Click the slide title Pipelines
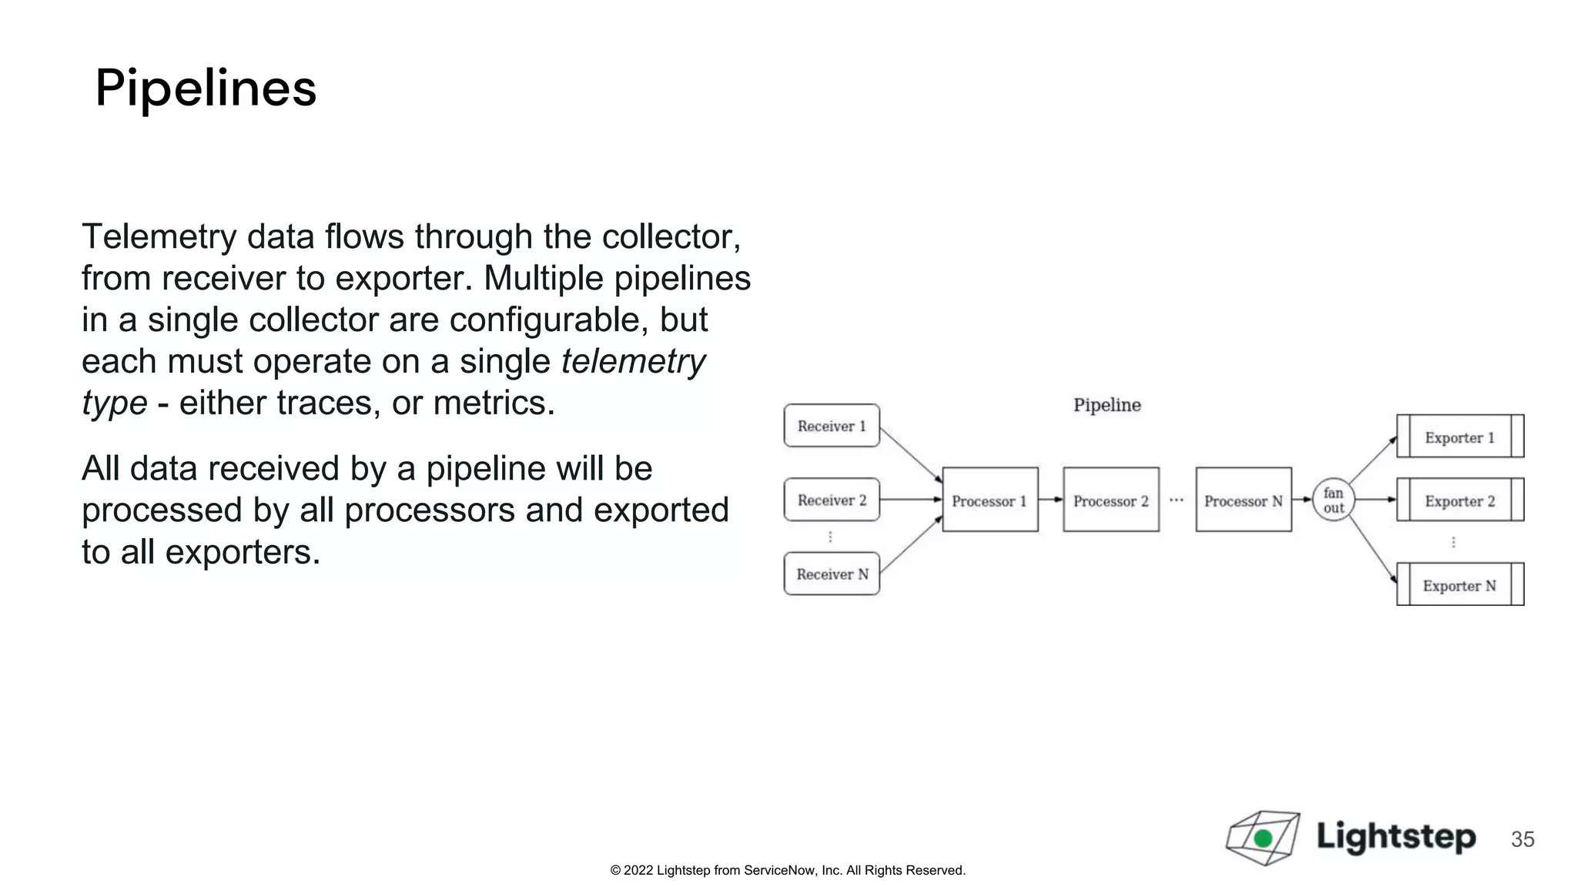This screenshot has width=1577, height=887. tap(206, 88)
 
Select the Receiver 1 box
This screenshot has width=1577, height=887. tap(832, 426)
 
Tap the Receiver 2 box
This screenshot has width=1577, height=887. tap(832, 500)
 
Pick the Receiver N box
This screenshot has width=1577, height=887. tap(832, 574)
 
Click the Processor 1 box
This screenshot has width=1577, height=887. tap(989, 500)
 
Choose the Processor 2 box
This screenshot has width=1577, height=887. tap(1110, 500)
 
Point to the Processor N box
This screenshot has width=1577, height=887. tap(1243, 500)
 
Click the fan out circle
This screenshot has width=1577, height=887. tap(1334, 500)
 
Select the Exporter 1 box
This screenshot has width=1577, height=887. tap(1460, 437)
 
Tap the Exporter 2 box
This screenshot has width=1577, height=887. tap(1460, 500)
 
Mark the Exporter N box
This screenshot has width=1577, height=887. tap(1460, 584)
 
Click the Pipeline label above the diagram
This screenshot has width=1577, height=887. tap(1107, 405)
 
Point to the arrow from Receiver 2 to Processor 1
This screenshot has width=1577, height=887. tap(910, 500)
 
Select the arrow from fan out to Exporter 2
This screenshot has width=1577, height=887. tap(1375, 500)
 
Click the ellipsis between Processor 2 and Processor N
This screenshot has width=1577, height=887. tap(1177, 500)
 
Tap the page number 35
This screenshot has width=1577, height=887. tap(1522, 839)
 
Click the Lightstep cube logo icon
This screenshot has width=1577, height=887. tap(1263, 837)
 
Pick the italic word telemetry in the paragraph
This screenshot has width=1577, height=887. tap(633, 362)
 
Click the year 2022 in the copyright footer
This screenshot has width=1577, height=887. tap(638, 871)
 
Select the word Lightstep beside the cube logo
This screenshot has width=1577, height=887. tap(1396, 836)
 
